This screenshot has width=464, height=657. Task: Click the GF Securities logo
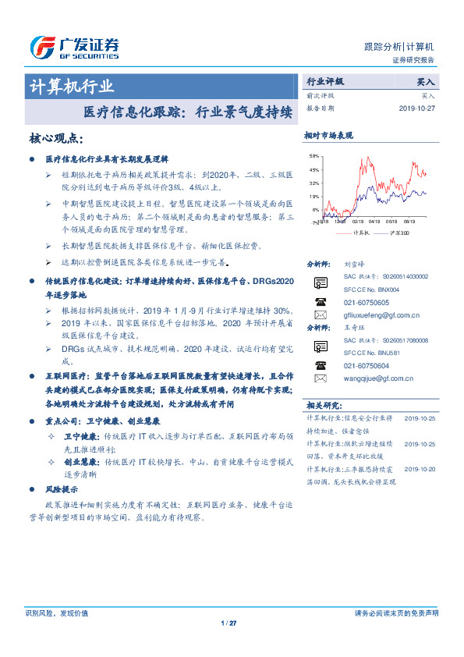point(73,47)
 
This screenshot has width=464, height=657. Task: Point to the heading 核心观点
point(55,139)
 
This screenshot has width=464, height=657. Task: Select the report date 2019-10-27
point(417,108)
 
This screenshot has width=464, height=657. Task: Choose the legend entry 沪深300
point(397,233)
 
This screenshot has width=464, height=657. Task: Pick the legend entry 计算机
point(360,233)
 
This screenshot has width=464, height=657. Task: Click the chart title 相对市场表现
point(328,136)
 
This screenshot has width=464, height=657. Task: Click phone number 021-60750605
point(367,302)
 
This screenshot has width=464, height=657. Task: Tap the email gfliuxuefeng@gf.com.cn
point(382,315)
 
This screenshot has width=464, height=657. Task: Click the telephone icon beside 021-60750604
point(321,364)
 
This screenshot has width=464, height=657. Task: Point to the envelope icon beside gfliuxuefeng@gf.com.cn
point(321,315)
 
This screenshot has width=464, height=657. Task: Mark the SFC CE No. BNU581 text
point(371,353)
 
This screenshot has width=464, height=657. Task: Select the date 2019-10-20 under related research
point(422,468)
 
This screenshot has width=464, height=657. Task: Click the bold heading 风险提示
point(62,489)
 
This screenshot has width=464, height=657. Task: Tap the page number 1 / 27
point(228,623)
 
